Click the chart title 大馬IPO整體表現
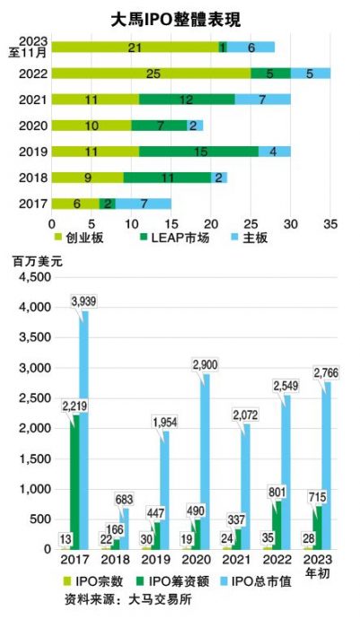click(x=180, y=18)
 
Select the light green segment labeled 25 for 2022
click(x=135, y=73)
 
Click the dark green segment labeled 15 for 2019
click(x=198, y=152)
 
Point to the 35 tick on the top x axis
click(x=329, y=222)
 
